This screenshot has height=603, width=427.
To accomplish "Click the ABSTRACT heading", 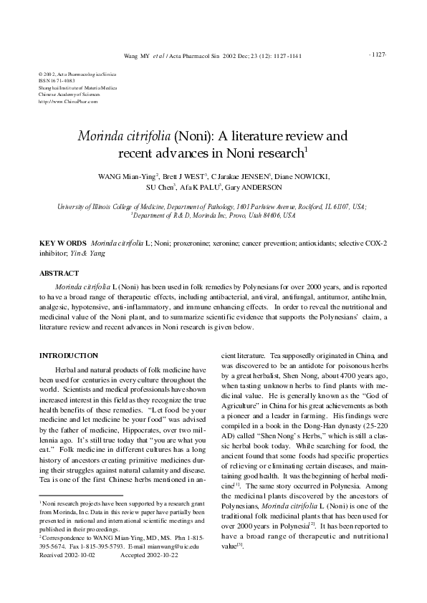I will [x=59, y=274].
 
